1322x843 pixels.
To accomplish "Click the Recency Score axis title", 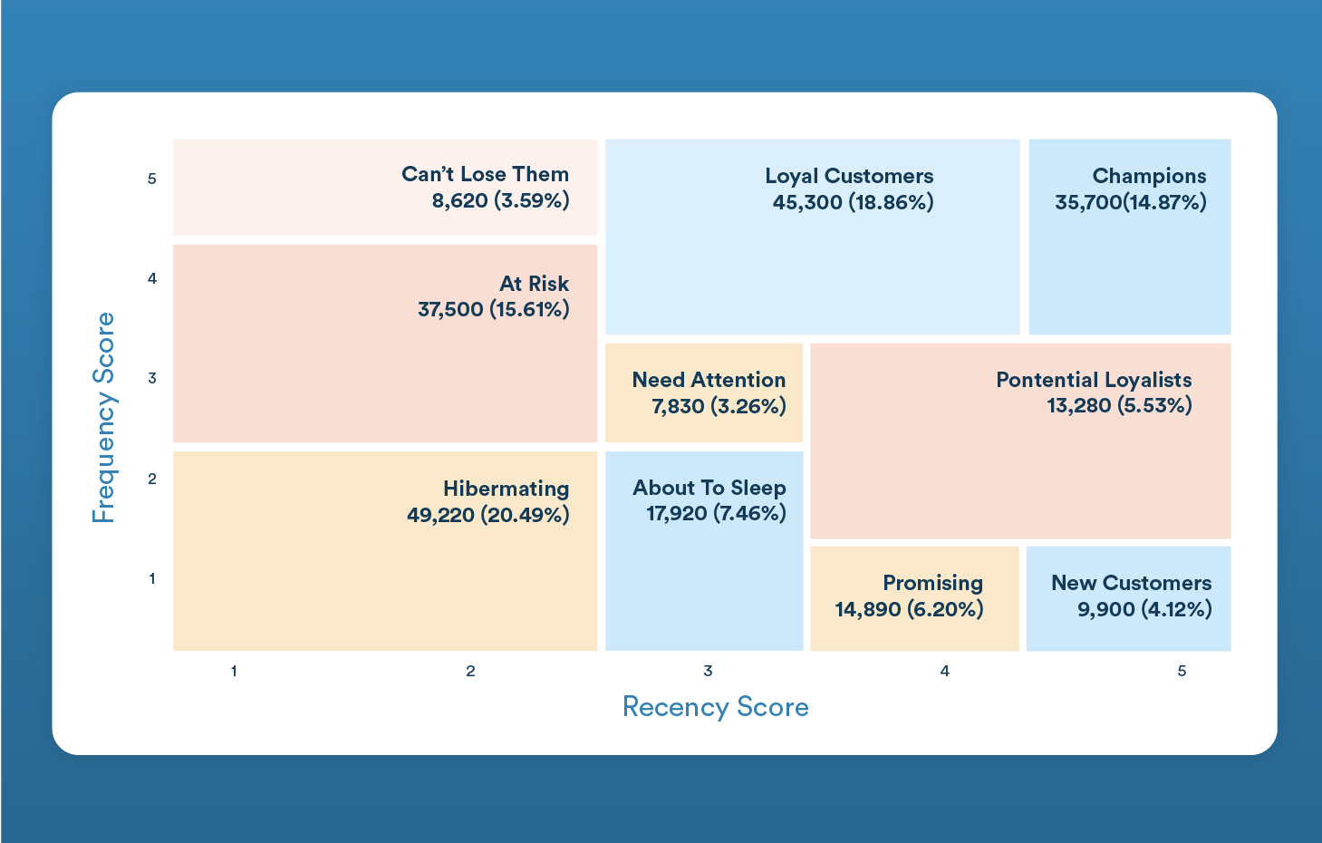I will [715, 707].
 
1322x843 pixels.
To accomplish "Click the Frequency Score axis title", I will [104, 418].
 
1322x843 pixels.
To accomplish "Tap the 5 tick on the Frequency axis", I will [152, 179].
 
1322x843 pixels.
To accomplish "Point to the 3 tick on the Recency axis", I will [708, 671].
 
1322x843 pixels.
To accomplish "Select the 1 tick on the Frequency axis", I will [152, 578].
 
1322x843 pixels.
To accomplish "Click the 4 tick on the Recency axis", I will [944, 671].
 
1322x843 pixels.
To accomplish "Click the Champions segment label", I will [1149, 176].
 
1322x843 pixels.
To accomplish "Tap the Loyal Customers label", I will [849, 176].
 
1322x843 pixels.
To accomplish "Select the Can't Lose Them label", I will [485, 174].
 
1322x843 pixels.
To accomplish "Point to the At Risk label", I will [534, 284].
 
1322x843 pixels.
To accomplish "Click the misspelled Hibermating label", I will [506, 489].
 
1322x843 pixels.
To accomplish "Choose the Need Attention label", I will [709, 380].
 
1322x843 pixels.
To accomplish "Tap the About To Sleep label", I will [709, 488].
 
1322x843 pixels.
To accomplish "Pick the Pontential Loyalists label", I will [1094, 380].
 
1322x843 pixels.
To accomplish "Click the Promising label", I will [932, 583].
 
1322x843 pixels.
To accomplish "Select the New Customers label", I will [1131, 583].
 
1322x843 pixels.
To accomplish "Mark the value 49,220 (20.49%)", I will [487, 515].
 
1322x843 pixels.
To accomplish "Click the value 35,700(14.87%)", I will [1130, 202].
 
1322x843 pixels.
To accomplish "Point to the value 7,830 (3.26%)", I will [719, 406].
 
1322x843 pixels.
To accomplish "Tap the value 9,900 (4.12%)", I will [1144, 609].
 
